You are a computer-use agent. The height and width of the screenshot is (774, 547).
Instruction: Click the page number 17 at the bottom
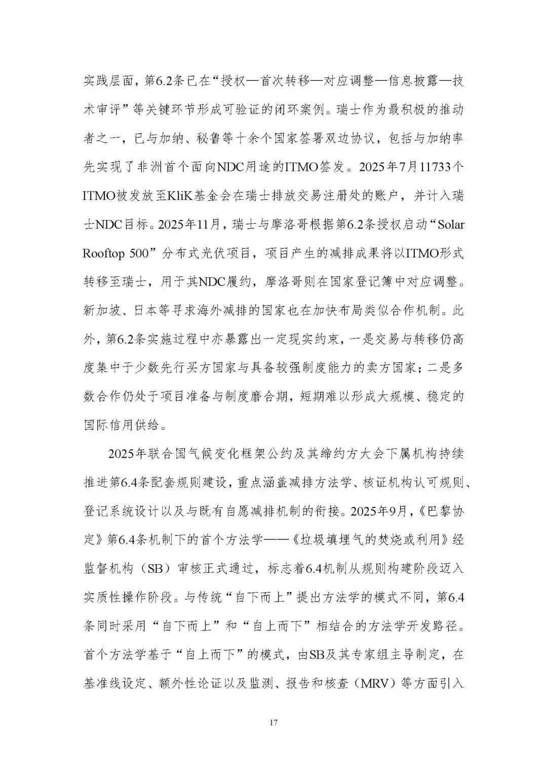273,721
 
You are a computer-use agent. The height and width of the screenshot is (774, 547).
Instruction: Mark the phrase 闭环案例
303,109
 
